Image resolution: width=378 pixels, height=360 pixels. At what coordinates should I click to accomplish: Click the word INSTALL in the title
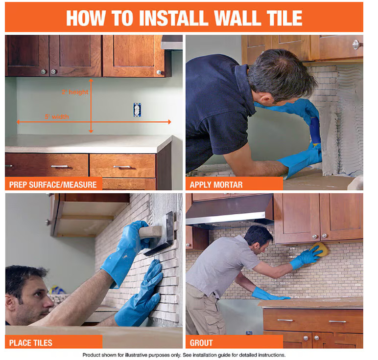[174, 18]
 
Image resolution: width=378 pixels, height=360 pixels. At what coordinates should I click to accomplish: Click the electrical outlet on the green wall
[137, 110]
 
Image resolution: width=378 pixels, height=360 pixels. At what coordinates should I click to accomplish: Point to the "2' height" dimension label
[75, 92]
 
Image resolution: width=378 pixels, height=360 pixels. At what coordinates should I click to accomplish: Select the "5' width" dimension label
[57, 116]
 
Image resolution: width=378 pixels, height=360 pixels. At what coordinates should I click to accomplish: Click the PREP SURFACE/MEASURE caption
[53, 185]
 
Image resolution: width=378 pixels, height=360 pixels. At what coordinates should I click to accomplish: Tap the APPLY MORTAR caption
[216, 185]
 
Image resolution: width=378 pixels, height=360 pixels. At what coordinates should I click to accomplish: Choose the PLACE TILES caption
[31, 343]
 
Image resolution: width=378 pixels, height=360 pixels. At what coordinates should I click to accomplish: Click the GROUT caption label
[201, 343]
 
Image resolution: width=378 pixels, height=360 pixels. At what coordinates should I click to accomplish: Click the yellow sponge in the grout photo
[319, 250]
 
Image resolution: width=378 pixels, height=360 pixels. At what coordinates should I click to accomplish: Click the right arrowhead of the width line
[169, 122]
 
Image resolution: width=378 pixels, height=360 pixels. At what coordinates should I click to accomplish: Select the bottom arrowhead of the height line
[91, 131]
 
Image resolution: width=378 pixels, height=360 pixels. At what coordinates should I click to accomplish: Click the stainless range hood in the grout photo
[230, 210]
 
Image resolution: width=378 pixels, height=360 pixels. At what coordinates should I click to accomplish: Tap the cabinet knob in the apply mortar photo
[356, 45]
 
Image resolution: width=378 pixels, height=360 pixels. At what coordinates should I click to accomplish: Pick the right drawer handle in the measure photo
[122, 167]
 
